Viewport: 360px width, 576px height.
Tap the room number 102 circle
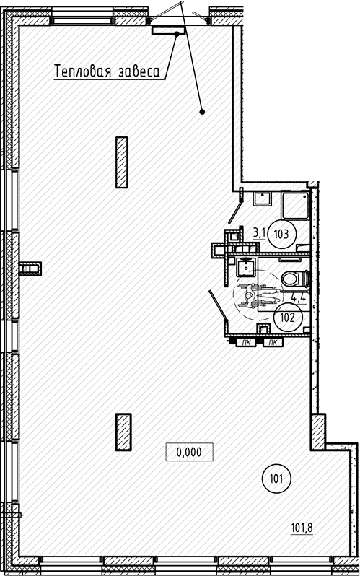(288, 318)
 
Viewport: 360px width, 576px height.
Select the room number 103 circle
(282, 234)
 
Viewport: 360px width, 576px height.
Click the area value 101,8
(302, 528)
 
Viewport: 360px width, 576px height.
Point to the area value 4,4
(299, 297)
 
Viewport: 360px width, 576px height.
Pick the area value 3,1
(259, 233)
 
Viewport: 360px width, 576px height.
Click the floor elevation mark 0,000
(189, 452)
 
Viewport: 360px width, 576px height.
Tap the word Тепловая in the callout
(83, 71)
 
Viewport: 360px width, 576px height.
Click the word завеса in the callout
(139, 72)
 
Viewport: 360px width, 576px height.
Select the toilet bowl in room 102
(296, 278)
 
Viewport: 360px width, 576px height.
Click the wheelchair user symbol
(256, 295)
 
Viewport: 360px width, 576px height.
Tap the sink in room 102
(245, 267)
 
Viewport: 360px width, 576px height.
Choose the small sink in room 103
(263, 198)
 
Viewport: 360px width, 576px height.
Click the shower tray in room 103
(296, 205)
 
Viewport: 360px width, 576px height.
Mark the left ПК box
(246, 343)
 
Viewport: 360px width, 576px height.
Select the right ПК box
(273, 343)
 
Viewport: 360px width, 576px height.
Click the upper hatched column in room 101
(122, 162)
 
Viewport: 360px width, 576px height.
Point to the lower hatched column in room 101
(123, 432)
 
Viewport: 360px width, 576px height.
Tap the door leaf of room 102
(217, 305)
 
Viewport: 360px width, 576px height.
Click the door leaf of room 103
(235, 210)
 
